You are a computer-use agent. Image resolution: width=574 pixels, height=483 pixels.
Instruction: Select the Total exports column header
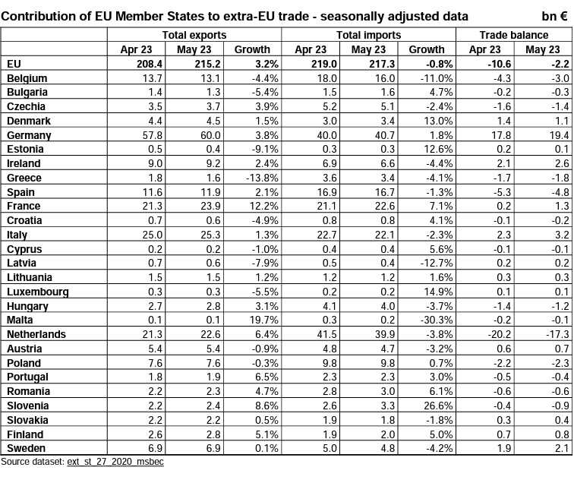pos(194,35)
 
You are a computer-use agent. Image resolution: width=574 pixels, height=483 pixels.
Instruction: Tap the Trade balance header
pos(513,35)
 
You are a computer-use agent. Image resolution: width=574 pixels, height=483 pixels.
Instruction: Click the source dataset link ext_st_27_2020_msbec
pos(115,462)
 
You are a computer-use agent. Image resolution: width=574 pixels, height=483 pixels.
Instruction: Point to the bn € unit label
pos(553,16)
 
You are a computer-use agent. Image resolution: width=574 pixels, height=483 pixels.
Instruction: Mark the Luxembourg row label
pos(37,292)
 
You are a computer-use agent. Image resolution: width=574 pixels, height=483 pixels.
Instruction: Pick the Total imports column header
pos(368,35)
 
